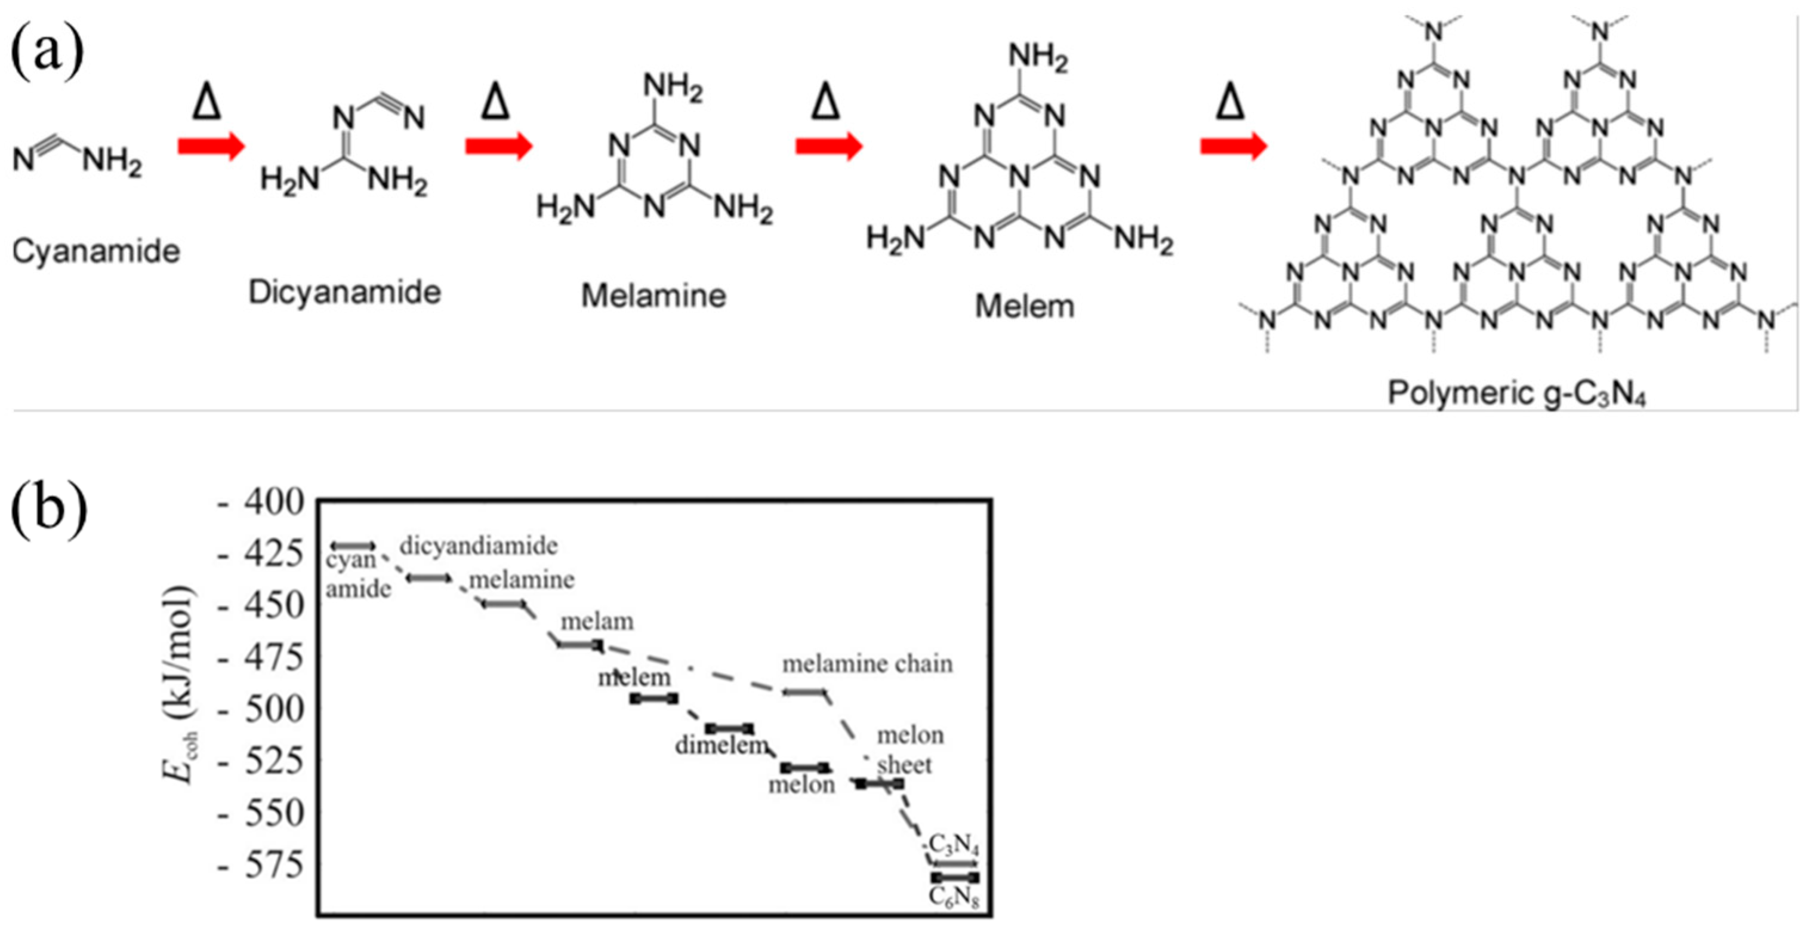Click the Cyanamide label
(x=96, y=251)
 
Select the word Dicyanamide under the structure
(x=344, y=293)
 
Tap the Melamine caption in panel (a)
(x=653, y=296)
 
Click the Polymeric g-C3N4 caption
(x=1516, y=393)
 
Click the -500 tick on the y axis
(x=261, y=710)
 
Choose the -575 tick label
(x=261, y=866)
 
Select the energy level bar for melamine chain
(x=804, y=693)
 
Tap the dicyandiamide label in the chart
(x=479, y=546)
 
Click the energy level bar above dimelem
(x=729, y=728)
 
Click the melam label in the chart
(x=597, y=622)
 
